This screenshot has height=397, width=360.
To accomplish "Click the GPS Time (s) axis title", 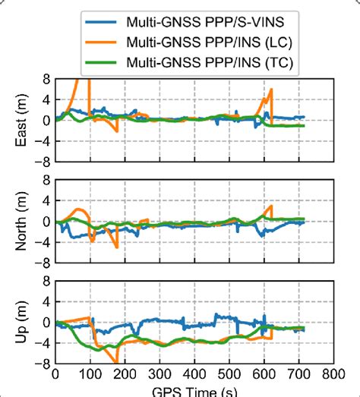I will click(x=194, y=390).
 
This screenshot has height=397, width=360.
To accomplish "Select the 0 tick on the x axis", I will click(x=55, y=373).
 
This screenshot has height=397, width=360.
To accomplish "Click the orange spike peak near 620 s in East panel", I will click(x=271, y=90).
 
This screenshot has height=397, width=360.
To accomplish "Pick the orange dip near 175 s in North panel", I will click(x=117, y=247).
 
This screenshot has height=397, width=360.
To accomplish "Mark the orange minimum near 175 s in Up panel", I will click(x=115, y=361).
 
